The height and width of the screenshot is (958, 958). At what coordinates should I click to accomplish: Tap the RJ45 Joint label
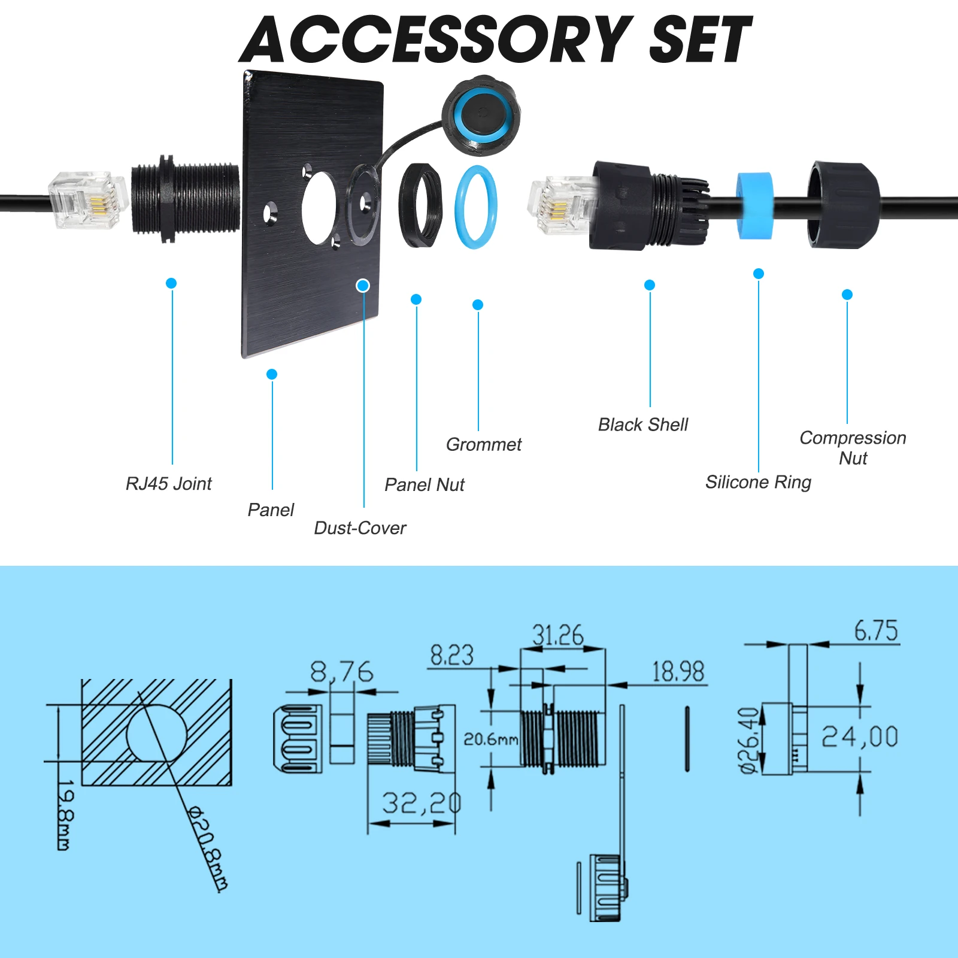(168, 484)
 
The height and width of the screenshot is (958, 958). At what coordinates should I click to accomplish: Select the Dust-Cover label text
(360, 528)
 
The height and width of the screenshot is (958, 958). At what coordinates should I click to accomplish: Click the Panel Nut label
(424, 485)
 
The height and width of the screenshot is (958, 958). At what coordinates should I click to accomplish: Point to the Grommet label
(484, 445)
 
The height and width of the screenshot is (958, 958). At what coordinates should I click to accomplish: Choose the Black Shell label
(643, 425)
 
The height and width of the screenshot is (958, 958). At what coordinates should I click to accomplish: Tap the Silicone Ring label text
(758, 483)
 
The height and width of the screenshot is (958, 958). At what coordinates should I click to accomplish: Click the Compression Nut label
(853, 448)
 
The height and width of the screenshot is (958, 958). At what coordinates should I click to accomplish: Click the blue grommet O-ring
(476, 207)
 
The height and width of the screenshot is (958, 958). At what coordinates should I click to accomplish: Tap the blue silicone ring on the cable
(754, 205)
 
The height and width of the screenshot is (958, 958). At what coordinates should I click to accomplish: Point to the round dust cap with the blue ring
(481, 115)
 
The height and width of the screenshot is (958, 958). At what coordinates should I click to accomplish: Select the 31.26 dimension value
(557, 635)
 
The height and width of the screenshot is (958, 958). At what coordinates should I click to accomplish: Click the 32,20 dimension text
(422, 804)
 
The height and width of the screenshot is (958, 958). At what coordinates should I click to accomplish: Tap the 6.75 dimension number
(875, 631)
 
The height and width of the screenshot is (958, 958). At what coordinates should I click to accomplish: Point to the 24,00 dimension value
(860, 736)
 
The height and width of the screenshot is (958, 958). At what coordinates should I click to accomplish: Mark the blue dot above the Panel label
(272, 374)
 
